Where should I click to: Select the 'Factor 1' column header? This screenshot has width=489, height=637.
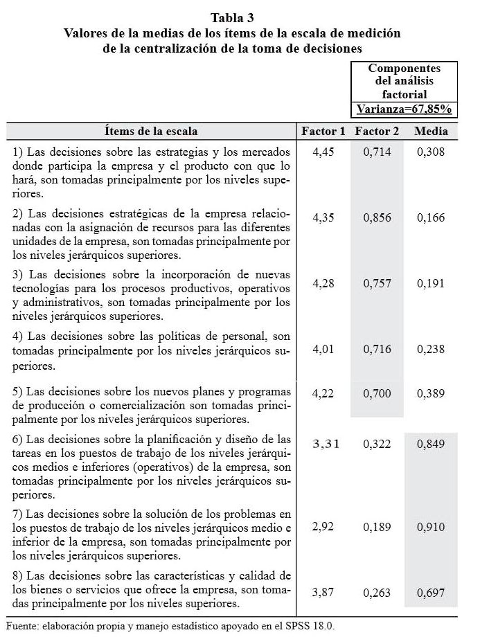click(x=323, y=131)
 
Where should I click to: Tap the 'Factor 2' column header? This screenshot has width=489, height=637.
click(x=377, y=131)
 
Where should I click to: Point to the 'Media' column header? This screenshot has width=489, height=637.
click(x=431, y=131)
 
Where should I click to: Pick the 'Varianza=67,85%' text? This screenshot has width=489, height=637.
click(x=404, y=109)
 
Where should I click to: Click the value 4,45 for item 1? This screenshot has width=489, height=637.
click(x=323, y=152)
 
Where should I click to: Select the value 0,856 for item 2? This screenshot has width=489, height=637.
click(x=377, y=217)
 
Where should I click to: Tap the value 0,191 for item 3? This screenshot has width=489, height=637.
click(x=431, y=283)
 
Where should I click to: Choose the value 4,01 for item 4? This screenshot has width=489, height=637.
click(x=323, y=350)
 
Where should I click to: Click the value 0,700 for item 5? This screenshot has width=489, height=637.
click(x=377, y=394)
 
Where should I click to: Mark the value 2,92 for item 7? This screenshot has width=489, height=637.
click(x=323, y=527)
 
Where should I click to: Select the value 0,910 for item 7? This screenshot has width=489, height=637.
click(x=431, y=527)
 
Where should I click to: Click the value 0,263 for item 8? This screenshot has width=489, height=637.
click(x=377, y=593)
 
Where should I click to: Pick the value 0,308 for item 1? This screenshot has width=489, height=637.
click(x=431, y=152)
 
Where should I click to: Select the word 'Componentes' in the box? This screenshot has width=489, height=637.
click(x=404, y=69)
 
